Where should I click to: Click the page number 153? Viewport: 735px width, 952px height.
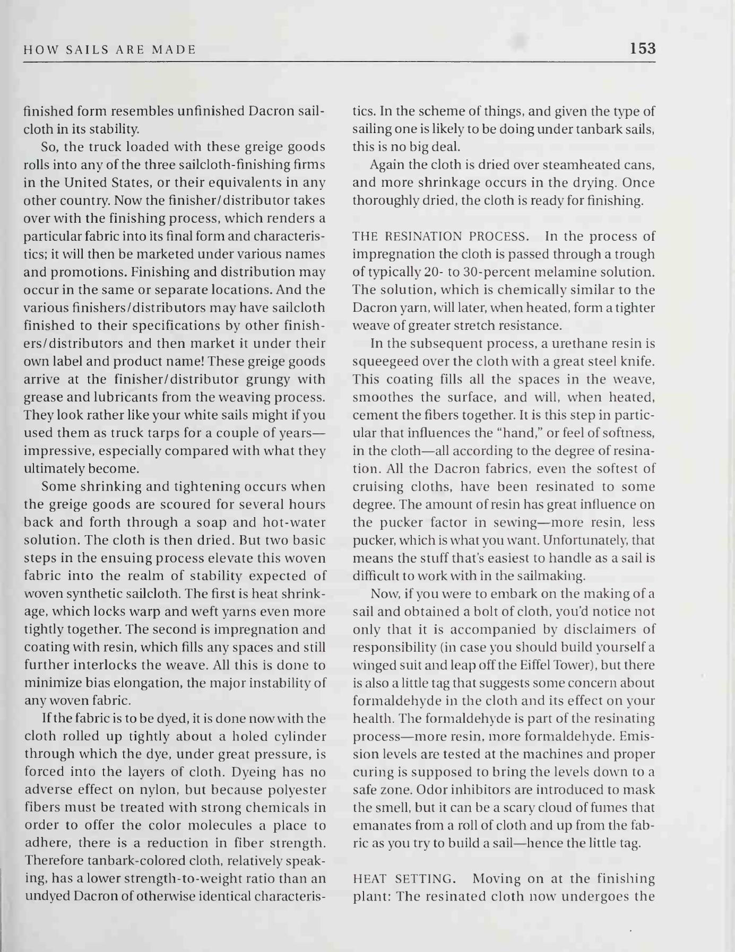coord(643,49)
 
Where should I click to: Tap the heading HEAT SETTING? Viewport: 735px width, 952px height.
coord(404,879)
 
